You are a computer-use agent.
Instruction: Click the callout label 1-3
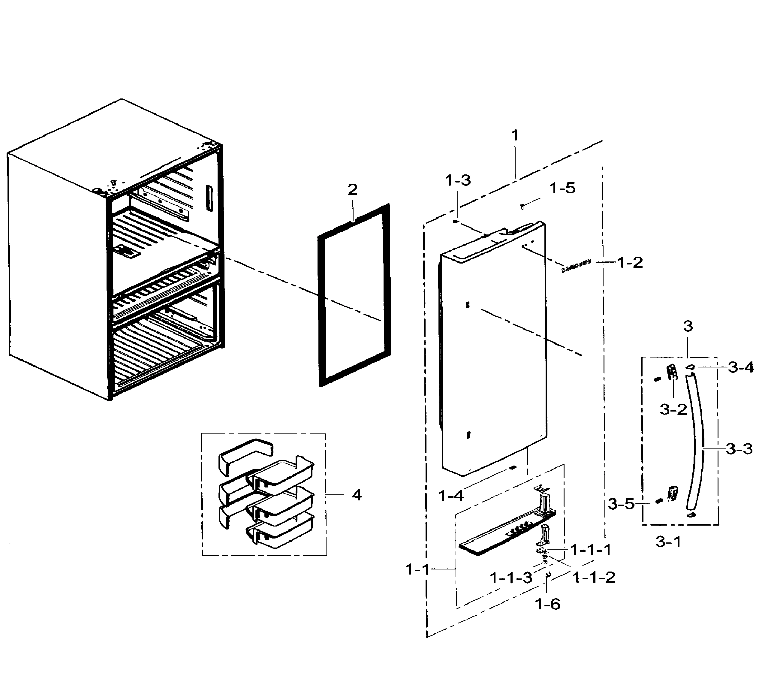coord(458,181)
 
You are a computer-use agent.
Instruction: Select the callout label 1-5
coord(562,188)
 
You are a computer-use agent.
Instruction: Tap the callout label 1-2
coord(630,263)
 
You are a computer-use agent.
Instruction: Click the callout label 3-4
coord(741,368)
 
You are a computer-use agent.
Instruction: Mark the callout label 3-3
coord(739,449)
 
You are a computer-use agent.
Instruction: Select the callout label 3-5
coord(621,504)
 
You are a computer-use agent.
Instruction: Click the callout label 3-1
coord(668,542)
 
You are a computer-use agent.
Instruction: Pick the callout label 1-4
coord(451,496)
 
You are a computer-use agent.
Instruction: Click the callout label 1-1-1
coord(591,550)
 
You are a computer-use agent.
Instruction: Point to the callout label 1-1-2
coord(594,578)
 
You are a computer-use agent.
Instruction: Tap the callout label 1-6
coord(548,604)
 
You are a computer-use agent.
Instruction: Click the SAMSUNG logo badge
coord(576,266)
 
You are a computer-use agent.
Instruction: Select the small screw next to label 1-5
coord(522,206)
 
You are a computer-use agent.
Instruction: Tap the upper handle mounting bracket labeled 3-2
coord(672,373)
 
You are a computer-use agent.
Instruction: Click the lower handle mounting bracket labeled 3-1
coord(673,493)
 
